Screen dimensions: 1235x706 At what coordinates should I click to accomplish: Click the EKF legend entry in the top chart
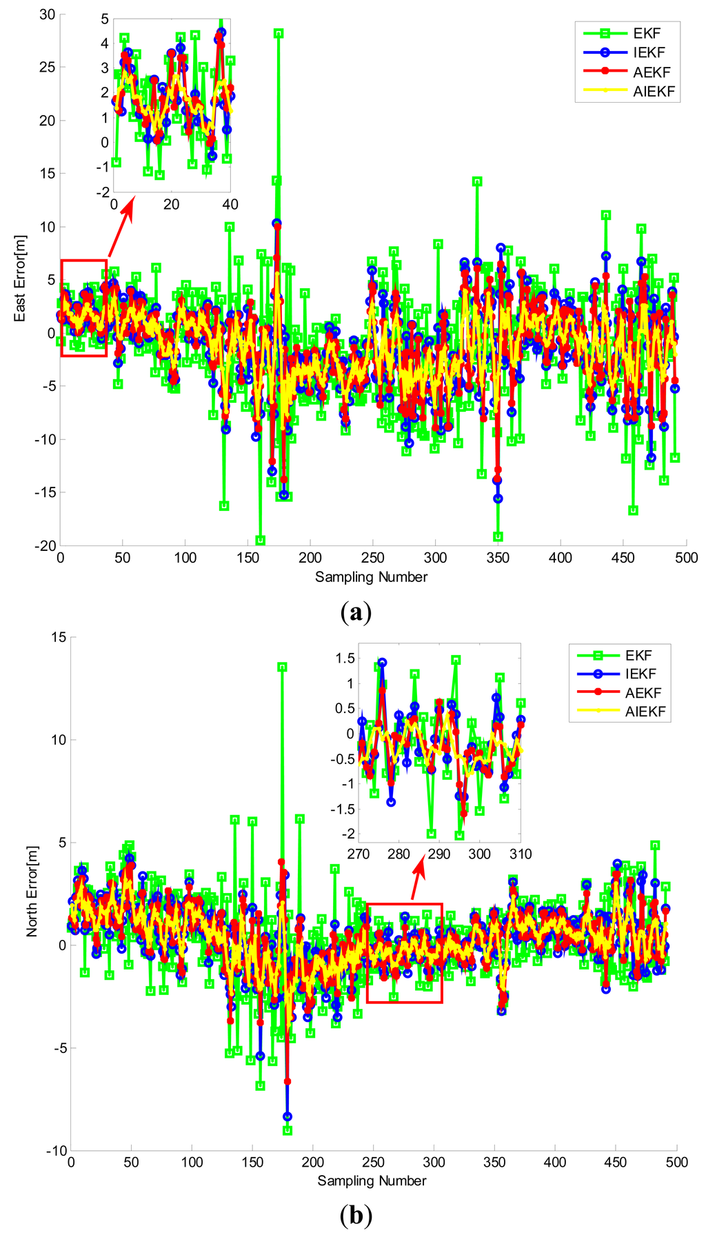(647, 32)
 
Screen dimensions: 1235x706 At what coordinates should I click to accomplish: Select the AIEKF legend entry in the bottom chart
(645, 711)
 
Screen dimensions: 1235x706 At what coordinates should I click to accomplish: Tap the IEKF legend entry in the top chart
(649, 52)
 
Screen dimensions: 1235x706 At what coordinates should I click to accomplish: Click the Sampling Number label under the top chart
(371, 576)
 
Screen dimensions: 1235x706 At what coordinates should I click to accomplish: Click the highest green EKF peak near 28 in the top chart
(279, 33)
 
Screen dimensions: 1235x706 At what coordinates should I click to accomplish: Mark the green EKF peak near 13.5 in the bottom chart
(282, 667)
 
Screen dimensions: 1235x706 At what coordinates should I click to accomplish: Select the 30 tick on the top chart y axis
(47, 14)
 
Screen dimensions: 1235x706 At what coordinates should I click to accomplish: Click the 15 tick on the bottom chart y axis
(59, 637)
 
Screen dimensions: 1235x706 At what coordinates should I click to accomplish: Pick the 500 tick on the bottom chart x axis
(677, 1162)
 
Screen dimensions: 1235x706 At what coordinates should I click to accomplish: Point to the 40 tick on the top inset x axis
(230, 204)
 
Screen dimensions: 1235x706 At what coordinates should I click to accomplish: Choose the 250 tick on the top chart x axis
(373, 557)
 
